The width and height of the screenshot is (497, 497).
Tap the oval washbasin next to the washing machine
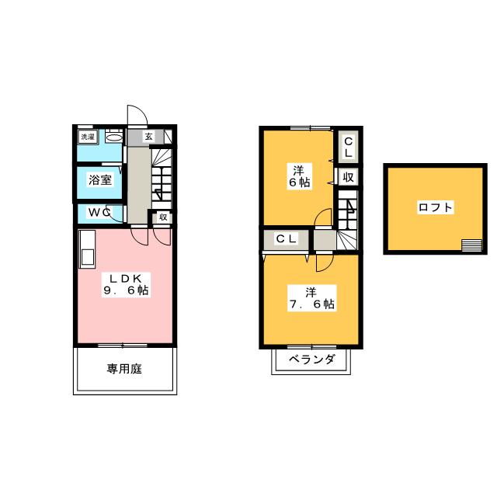pyautogui.click(x=113, y=137)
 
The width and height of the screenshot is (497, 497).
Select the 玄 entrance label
pyautogui.click(x=149, y=137)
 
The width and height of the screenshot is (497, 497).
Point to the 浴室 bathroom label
pyautogui.click(x=99, y=180)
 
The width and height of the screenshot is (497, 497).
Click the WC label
pyautogui.click(x=99, y=212)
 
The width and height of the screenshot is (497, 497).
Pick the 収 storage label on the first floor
pyautogui.click(x=163, y=217)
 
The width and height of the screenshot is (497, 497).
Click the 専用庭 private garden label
pyautogui.click(x=124, y=369)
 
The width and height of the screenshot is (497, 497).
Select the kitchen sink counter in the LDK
pyautogui.click(x=86, y=248)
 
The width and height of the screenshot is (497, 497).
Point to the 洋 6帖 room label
pyautogui.click(x=298, y=175)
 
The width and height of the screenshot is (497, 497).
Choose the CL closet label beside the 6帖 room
pyautogui.click(x=348, y=146)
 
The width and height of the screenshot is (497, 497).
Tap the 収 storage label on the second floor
pyautogui.click(x=348, y=177)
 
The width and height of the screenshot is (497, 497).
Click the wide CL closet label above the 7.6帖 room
pyautogui.click(x=286, y=239)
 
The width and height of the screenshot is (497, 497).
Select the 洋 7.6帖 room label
pyautogui.click(x=310, y=299)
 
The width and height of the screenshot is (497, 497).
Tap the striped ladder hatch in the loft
pyautogui.click(x=471, y=245)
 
